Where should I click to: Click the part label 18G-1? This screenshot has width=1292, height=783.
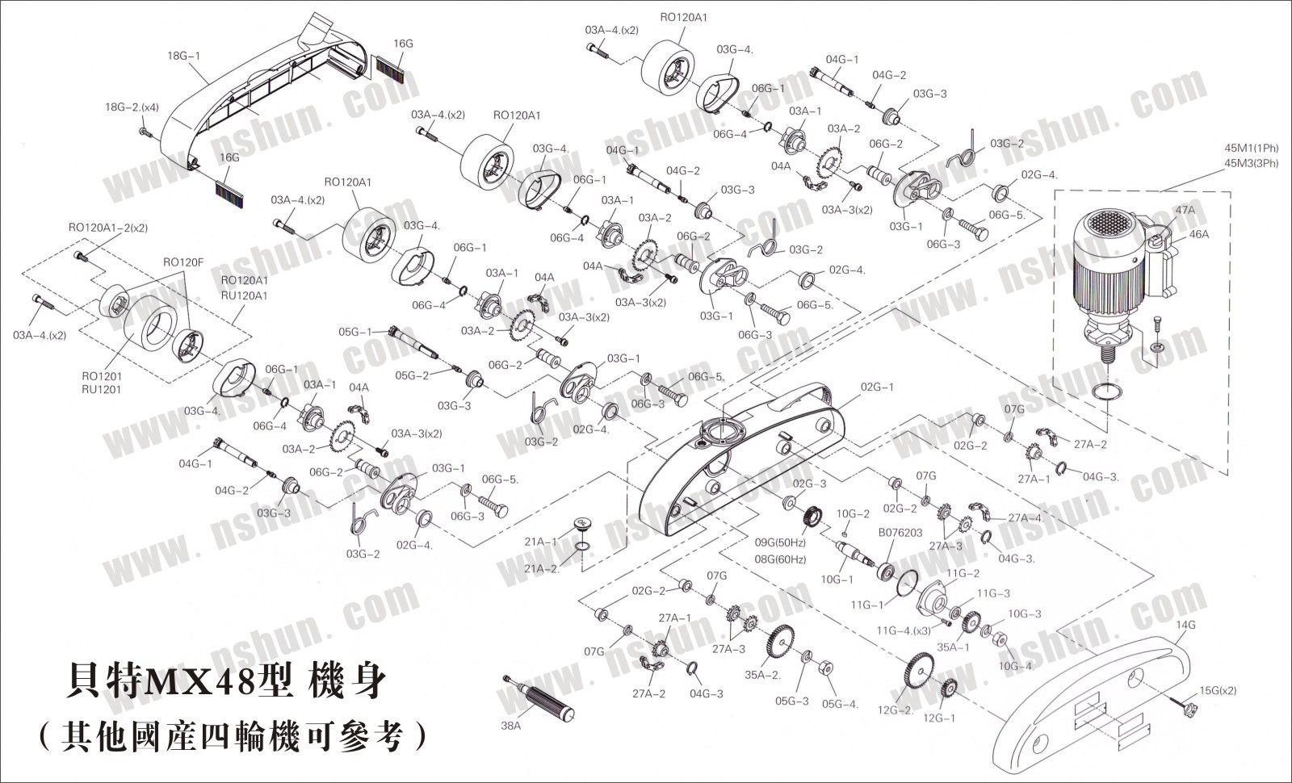(x=183, y=57)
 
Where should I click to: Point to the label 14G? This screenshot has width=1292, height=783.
(x=1186, y=624)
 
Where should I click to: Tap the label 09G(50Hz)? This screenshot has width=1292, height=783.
(x=780, y=542)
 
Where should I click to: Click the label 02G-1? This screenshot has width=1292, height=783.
(x=877, y=387)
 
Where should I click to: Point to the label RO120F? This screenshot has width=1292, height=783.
(x=182, y=262)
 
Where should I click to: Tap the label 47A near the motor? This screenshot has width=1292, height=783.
(x=1185, y=209)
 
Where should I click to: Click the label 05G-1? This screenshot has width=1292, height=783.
(x=355, y=332)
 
